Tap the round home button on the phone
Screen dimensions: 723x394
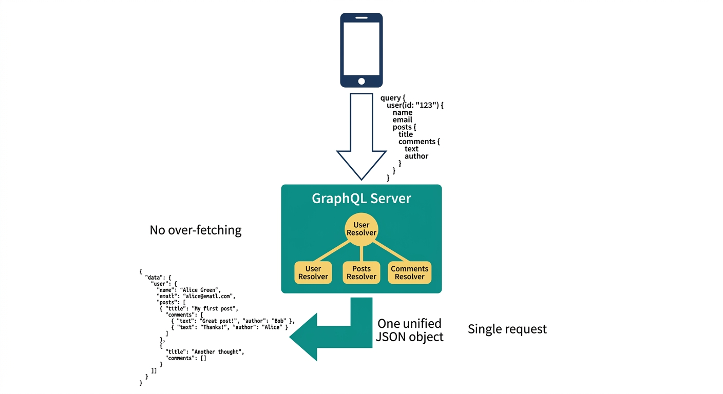click(x=362, y=81)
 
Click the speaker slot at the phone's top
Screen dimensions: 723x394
click(x=362, y=18)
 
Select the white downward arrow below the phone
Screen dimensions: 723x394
click(x=362, y=136)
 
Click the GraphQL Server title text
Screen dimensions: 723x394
click(x=362, y=199)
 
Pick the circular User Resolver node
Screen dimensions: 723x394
click(x=362, y=229)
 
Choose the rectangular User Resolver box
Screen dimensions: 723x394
click(x=313, y=273)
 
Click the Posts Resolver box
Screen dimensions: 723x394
click(x=362, y=273)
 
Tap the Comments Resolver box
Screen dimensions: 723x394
click(x=410, y=273)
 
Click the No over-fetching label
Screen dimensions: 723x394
click(x=196, y=230)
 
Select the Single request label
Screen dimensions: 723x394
click(x=507, y=329)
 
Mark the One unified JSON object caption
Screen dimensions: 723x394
click(x=410, y=330)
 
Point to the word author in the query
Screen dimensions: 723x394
click(x=416, y=156)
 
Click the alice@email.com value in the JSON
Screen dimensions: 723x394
click(x=207, y=296)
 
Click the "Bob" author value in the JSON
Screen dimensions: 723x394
click(x=279, y=321)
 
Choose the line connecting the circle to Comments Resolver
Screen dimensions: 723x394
click(x=391, y=251)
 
